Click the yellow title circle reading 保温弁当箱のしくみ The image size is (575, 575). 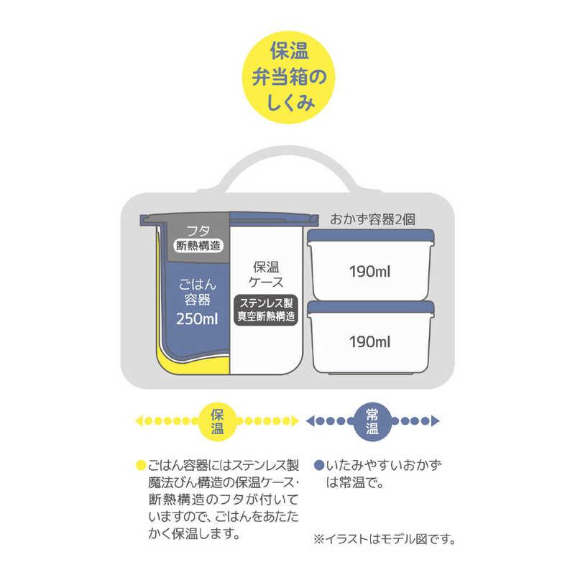tap(289, 77)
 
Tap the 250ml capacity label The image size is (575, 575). tap(197, 319)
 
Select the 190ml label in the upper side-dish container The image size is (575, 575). tap(369, 272)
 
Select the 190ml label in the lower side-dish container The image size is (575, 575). tap(369, 342)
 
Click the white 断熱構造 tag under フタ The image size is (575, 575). tap(198, 245)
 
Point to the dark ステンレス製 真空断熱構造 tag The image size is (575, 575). tap(266, 310)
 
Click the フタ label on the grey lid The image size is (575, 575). tap(198, 231)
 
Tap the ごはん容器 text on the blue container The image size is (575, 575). tap(197, 293)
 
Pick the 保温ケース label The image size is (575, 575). tap(266, 275)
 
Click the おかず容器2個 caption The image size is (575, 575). tap(372, 220)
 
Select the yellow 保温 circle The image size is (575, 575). tap(217, 421)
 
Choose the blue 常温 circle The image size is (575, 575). tap(372, 421)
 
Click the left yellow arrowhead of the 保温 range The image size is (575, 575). tap(139, 421)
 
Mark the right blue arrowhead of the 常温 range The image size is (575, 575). tap(436, 420)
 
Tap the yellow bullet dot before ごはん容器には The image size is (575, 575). tap(141, 465)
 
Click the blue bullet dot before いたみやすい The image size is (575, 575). tap(319, 465)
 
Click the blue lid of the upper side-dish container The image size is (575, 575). tap(371, 236)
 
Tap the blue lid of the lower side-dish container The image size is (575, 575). tap(371, 308)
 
